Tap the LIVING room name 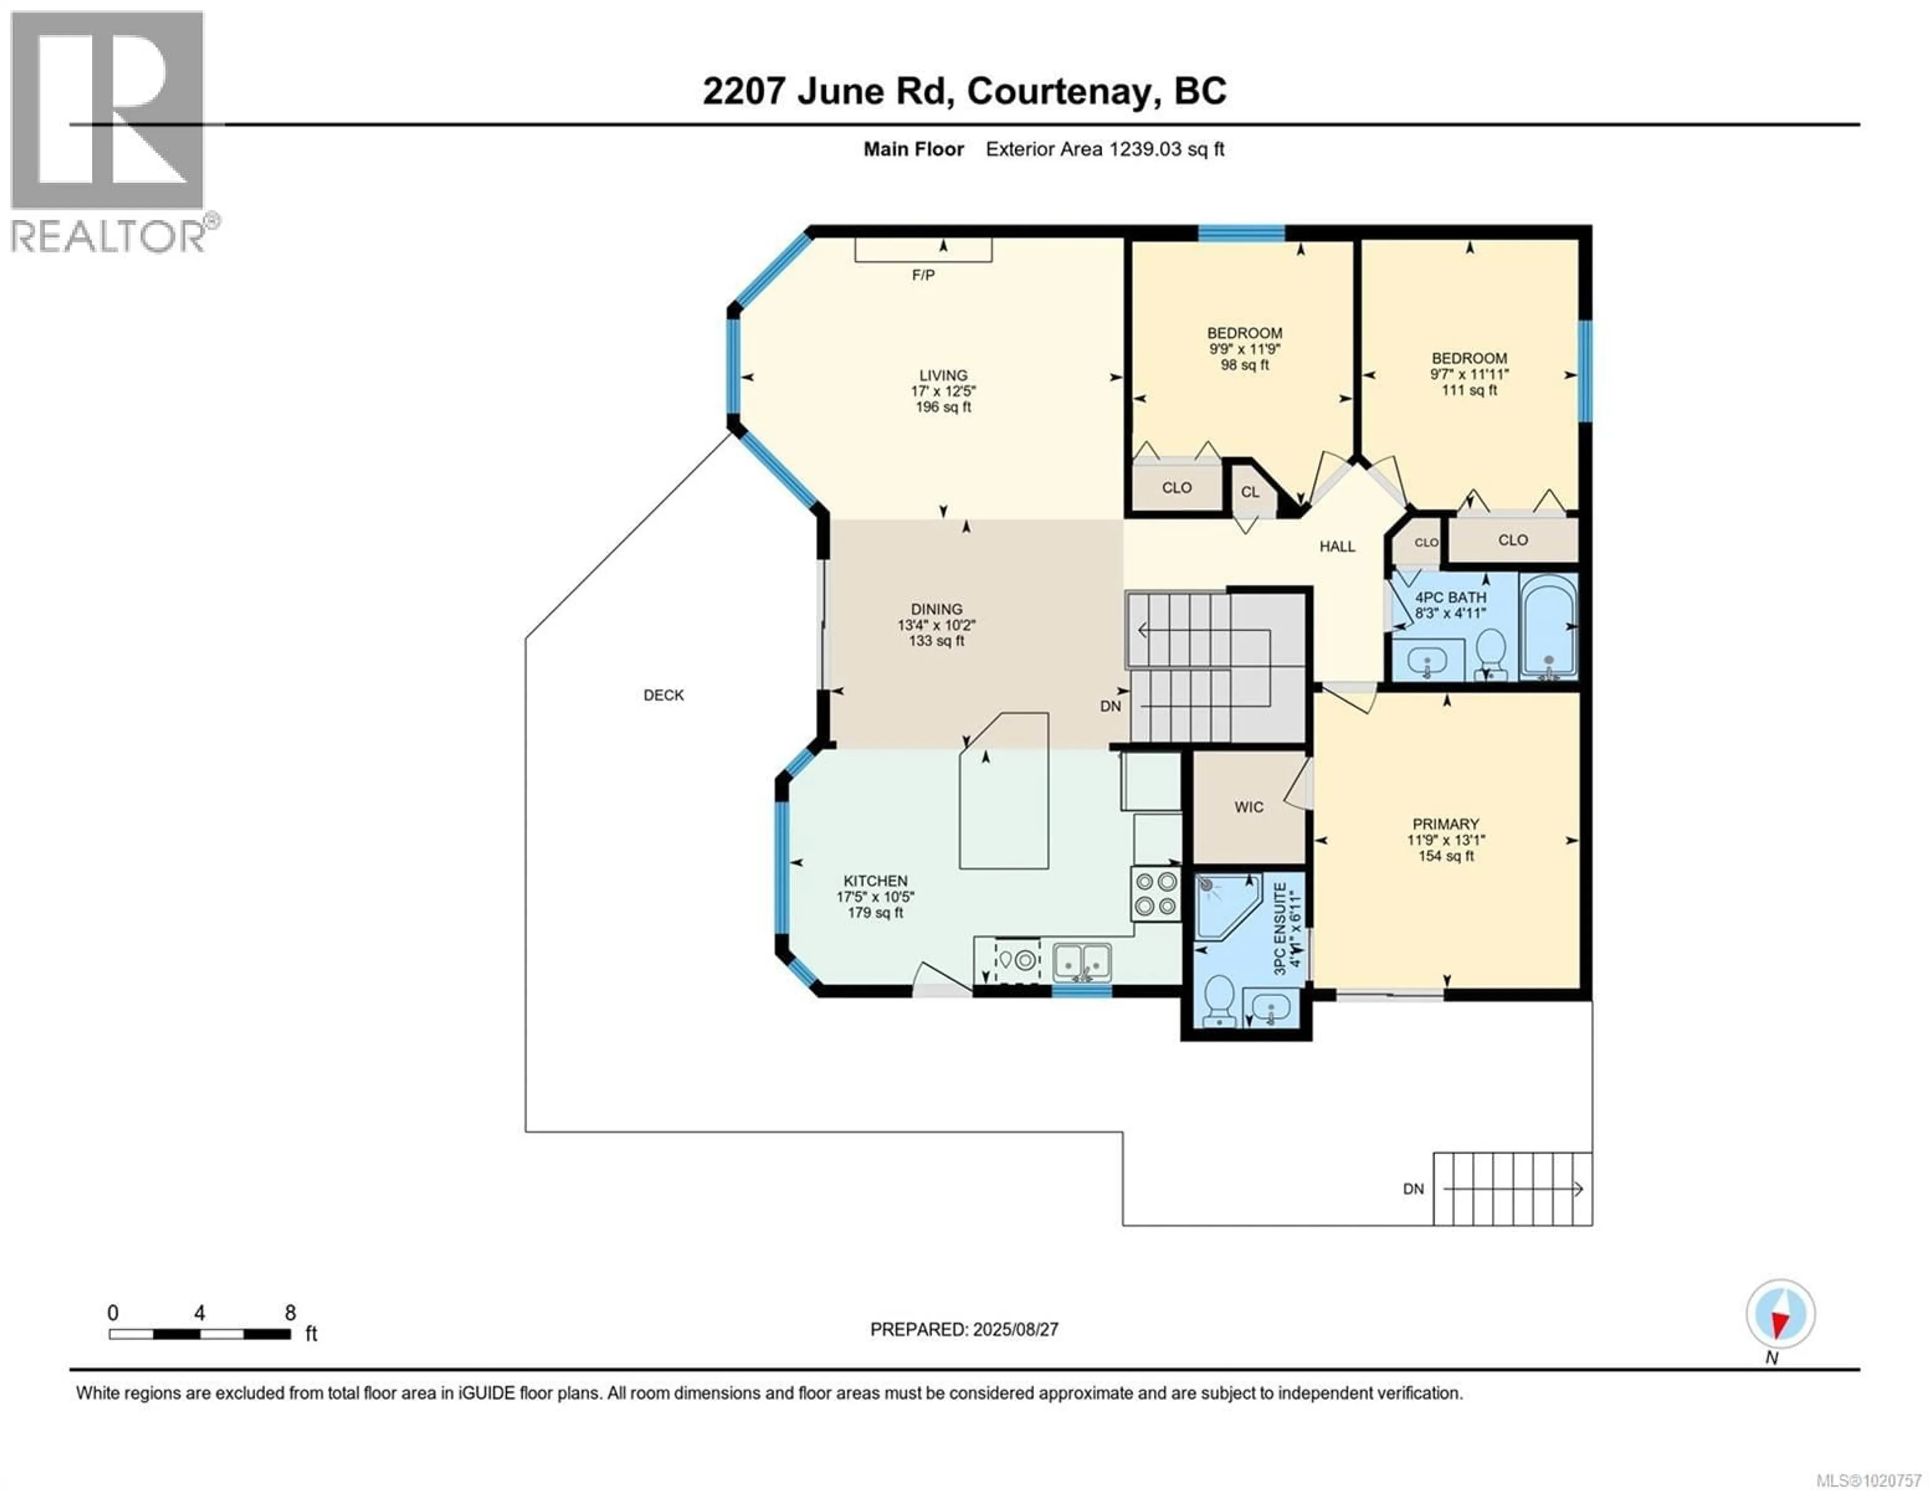943,375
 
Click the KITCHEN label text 875,880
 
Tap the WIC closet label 1249,807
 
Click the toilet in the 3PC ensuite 1220,1000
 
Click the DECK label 663,695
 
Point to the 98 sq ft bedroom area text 1244,365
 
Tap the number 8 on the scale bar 290,1313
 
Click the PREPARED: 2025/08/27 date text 963,1329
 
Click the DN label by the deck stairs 1413,1189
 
